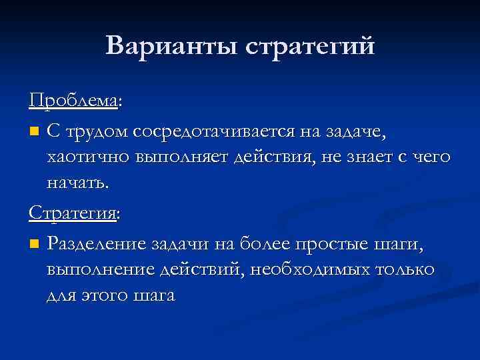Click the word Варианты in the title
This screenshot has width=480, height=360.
(170, 46)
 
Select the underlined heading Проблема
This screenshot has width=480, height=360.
(72, 101)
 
